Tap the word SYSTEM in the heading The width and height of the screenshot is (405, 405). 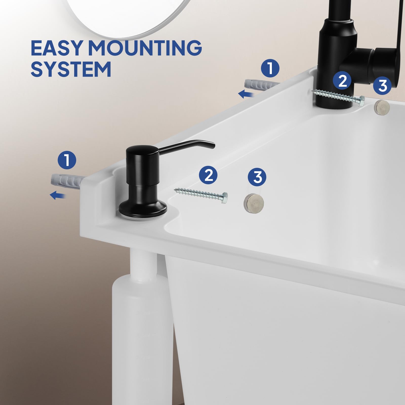pyautogui.click(x=71, y=69)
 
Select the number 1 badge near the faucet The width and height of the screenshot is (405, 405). pyautogui.click(x=270, y=68)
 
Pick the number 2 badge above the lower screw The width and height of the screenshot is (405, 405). pyautogui.click(x=208, y=175)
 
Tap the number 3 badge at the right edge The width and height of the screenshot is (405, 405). pyautogui.click(x=382, y=85)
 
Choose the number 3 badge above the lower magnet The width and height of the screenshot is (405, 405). pyautogui.click(x=257, y=176)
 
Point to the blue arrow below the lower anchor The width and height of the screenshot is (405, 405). pyautogui.click(x=58, y=195)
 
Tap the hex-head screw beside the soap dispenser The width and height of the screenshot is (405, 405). pyautogui.click(x=201, y=194)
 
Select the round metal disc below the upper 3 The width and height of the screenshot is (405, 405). pyautogui.click(x=382, y=107)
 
